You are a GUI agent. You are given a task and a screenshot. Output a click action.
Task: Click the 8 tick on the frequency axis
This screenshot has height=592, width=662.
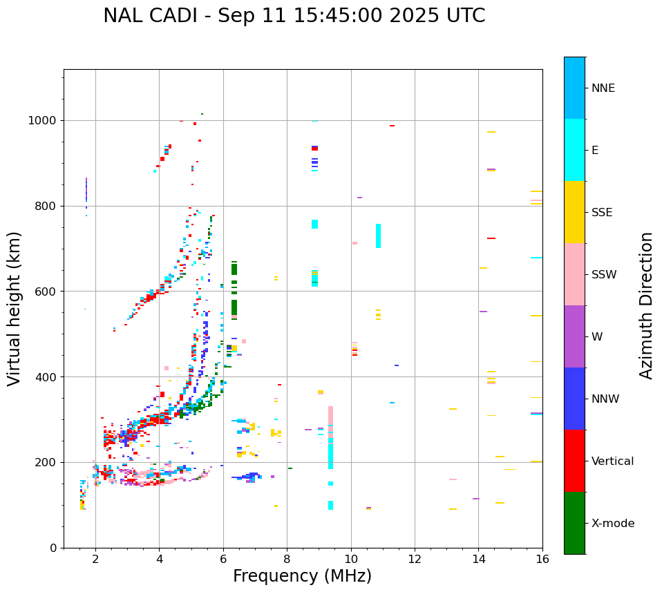click(287, 559)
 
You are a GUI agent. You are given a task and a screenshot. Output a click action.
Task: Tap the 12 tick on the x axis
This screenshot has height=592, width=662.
click(415, 559)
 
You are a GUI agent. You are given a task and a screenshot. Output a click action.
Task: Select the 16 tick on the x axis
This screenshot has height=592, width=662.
click(542, 559)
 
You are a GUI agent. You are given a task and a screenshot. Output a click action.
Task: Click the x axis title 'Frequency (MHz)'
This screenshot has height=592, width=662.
click(302, 576)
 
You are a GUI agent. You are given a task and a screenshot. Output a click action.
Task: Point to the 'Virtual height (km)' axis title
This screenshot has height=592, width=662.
click(15, 308)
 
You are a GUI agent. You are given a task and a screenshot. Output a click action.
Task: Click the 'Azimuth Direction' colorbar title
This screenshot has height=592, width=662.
click(646, 305)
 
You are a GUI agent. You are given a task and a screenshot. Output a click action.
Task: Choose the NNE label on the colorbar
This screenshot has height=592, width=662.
click(603, 88)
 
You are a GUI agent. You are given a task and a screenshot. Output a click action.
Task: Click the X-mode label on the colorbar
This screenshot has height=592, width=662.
click(613, 524)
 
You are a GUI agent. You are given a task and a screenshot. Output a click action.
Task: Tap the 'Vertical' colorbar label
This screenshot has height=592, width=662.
click(612, 461)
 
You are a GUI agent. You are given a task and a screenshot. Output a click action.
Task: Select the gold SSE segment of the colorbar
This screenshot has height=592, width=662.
click(574, 212)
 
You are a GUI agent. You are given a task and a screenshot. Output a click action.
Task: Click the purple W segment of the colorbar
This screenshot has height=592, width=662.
click(574, 336)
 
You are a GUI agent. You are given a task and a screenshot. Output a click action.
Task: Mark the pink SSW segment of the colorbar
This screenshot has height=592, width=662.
click(574, 274)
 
